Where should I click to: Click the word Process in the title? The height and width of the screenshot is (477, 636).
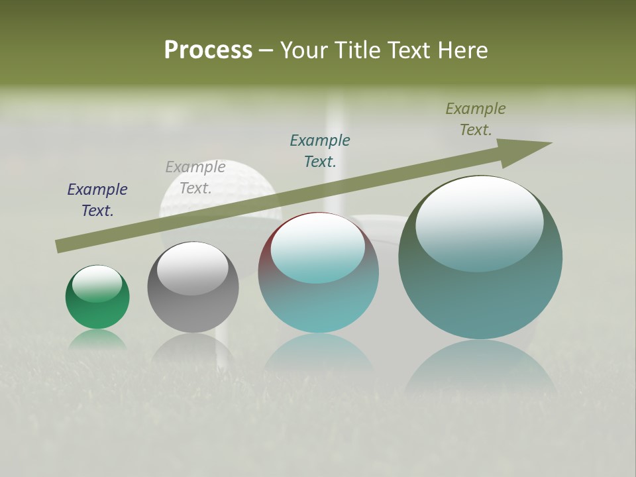(208, 50)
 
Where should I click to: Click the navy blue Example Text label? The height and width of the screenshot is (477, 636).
(97, 200)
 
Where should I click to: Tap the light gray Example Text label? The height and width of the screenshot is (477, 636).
(195, 178)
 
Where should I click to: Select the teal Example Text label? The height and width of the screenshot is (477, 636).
(320, 150)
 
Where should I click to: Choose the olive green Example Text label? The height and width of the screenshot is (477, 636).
(476, 119)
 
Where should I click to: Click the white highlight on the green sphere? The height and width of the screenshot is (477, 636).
(97, 284)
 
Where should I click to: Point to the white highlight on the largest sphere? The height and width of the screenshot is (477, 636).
(479, 224)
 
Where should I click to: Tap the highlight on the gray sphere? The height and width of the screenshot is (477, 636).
(193, 268)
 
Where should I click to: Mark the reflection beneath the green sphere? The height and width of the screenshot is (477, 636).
(97, 339)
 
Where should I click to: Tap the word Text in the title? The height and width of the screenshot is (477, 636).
(407, 50)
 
